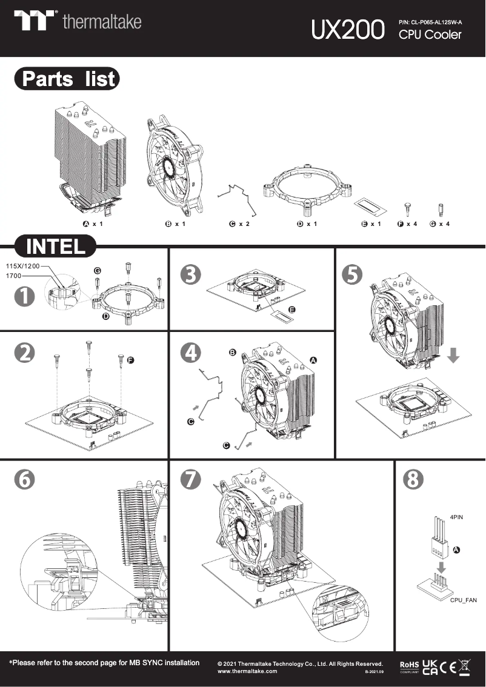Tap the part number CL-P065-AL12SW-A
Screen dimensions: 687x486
(x=430, y=22)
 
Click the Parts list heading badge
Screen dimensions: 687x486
(x=67, y=79)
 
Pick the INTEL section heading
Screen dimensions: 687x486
(x=55, y=247)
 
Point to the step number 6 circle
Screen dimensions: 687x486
(x=24, y=479)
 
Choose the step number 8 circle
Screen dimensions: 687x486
(x=413, y=479)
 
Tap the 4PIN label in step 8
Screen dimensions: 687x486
(x=457, y=519)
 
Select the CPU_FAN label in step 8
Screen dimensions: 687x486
(x=463, y=600)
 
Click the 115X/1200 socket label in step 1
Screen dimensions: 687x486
(x=22, y=266)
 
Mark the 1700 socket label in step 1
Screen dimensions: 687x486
(x=14, y=276)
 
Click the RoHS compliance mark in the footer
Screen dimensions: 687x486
(x=409, y=666)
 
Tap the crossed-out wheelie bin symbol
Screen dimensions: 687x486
(x=465, y=666)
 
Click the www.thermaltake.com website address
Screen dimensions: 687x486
(x=247, y=671)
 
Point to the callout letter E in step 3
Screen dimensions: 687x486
(x=292, y=310)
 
